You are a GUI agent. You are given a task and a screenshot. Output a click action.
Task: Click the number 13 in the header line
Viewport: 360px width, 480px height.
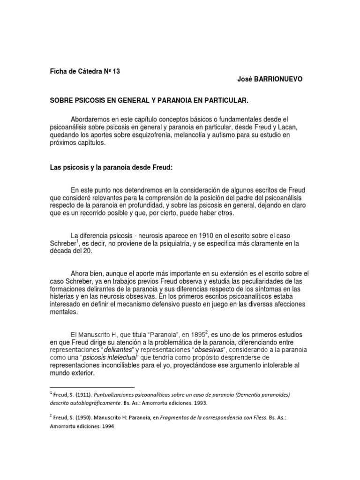pos(116,71)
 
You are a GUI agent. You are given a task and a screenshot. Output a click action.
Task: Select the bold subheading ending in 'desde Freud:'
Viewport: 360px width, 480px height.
pos(112,168)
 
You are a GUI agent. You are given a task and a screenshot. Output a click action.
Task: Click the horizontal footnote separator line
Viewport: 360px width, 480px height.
pos(92,388)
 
